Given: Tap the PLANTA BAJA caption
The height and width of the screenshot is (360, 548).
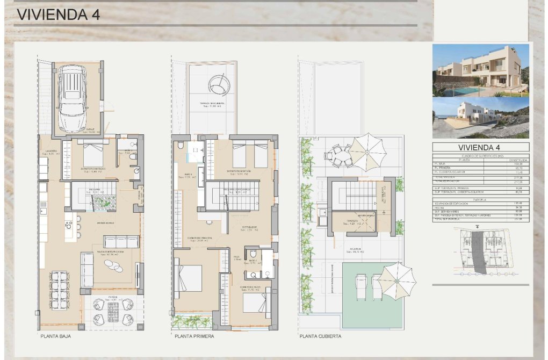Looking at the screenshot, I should (55, 337).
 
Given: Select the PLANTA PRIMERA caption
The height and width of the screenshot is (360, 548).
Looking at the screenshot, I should (194, 337).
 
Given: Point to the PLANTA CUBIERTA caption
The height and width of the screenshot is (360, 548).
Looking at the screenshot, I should (320, 337).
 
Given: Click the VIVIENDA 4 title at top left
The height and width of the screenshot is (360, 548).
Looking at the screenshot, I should (58, 15).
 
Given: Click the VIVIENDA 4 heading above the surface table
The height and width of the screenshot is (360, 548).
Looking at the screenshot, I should (480, 147).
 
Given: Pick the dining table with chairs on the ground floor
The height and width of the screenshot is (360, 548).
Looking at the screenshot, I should (59, 290).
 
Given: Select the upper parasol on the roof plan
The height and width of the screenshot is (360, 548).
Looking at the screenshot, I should (367, 152).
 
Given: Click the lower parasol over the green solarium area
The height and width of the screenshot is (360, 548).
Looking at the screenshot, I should (397, 279).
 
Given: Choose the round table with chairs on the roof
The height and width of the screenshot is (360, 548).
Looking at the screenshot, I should (338, 156).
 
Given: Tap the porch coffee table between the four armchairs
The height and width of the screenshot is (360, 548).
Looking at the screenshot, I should (113, 312).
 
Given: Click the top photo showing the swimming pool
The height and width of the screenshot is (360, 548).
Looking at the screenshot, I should (480, 70).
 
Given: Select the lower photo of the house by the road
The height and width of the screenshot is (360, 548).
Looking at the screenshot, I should (480, 118).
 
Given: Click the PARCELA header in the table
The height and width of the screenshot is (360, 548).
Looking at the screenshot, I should (480, 199).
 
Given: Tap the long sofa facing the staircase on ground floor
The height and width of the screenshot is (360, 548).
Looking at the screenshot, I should (121, 242).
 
